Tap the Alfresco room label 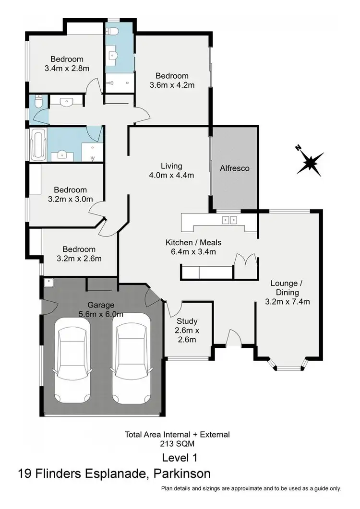coord(235,168)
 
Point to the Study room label coord(187,321)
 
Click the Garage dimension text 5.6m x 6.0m coord(101,315)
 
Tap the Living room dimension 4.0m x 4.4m coord(171,175)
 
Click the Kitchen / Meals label coord(193,242)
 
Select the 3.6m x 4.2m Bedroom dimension coord(171,85)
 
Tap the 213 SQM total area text coord(177,444)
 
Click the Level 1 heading coord(180,457)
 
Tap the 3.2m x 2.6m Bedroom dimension coord(79,259)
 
